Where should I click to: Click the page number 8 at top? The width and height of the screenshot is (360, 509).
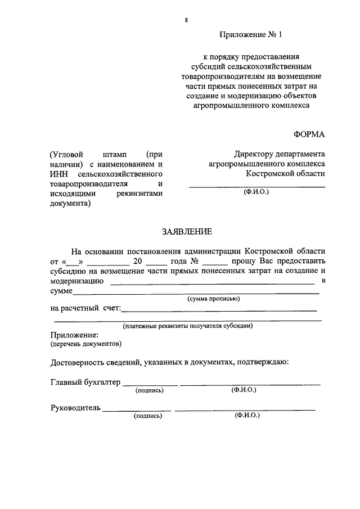click(x=186, y=21)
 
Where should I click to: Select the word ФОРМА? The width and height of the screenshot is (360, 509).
click(x=309, y=133)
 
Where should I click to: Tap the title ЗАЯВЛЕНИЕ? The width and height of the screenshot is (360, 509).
click(x=187, y=231)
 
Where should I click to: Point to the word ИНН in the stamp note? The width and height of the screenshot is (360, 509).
click(x=59, y=174)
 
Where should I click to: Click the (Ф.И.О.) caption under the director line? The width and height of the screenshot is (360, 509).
click(x=256, y=192)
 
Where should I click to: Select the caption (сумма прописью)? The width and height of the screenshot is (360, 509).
click(x=214, y=299)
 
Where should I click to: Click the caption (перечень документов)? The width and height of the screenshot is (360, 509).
click(x=85, y=343)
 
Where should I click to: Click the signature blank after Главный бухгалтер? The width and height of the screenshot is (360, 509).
click(x=150, y=384)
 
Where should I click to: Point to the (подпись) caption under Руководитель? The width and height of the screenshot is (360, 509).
click(x=147, y=416)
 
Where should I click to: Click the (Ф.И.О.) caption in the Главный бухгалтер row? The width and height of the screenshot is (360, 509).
click(x=243, y=390)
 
